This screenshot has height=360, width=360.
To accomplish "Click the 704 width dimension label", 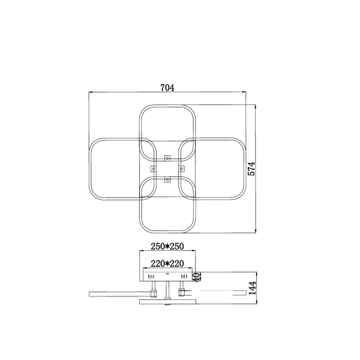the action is click(167, 88).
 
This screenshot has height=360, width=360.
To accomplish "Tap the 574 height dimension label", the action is click(251, 169).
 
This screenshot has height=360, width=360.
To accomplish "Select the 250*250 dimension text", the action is click(167, 247).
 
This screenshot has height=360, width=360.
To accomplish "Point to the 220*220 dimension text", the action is click(167, 263).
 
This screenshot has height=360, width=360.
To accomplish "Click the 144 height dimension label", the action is click(253, 288).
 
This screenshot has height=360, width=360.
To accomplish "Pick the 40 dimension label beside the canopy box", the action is click(196, 277).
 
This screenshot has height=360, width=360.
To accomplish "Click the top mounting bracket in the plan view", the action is click(167, 158).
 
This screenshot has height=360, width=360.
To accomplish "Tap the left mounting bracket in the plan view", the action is click(154, 169).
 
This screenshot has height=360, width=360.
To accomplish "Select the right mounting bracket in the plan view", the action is click(181, 169).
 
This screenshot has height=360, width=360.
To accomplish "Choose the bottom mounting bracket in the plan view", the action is click(167, 179).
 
